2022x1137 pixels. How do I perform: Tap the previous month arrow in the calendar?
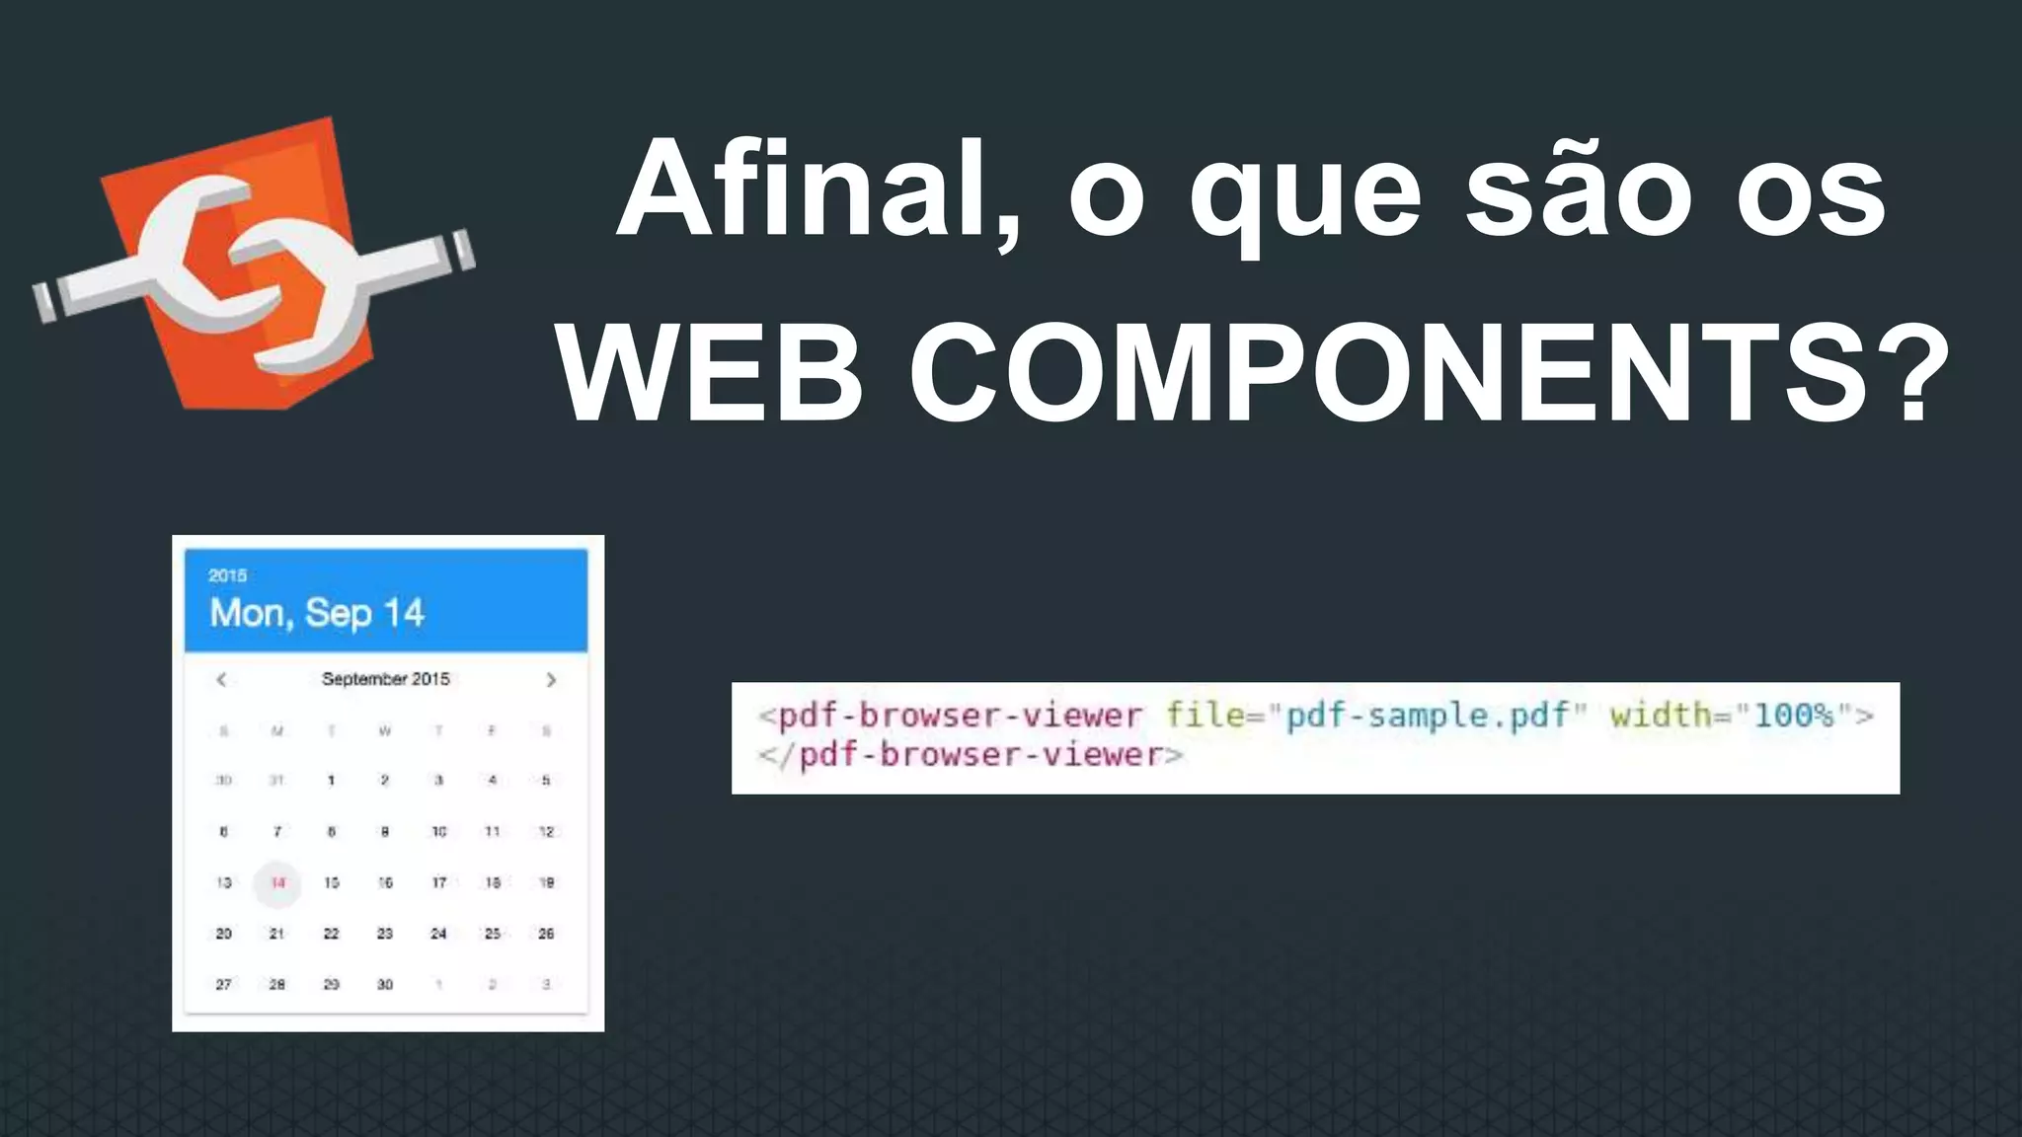pyautogui.click(x=222, y=679)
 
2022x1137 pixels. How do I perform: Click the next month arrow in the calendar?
pyautogui.click(x=551, y=679)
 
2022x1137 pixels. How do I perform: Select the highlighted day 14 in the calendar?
pyautogui.click(x=278, y=882)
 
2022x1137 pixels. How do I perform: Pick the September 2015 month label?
pyautogui.click(x=385, y=679)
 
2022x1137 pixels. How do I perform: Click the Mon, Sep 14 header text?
pyautogui.click(x=317, y=613)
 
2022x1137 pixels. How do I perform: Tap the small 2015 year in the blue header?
pyautogui.click(x=227, y=575)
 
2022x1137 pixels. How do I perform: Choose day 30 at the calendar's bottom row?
pyautogui.click(x=385, y=984)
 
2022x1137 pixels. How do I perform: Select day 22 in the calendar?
pyautogui.click(x=332, y=933)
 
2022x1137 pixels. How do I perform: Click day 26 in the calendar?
pyautogui.click(x=546, y=933)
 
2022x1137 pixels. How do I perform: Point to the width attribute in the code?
pyautogui.click(x=1661, y=714)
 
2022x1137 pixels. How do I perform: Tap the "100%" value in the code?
pyautogui.click(x=1794, y=714)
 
